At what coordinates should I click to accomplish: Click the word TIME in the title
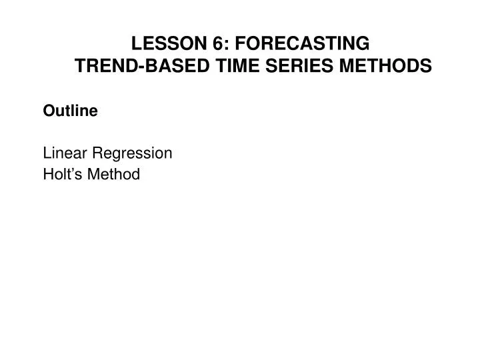(x=210, y=66)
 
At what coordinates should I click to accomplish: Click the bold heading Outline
(x=71, y=111)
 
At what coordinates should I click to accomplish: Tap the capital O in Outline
(x=49, y=111)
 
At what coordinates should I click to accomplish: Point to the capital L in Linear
(x=47, y=153)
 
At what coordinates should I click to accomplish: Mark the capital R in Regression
(x=95, y=153)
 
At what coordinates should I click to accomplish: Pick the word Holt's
(x=61, y=175)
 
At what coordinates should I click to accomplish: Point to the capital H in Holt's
(x=48, y=175)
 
